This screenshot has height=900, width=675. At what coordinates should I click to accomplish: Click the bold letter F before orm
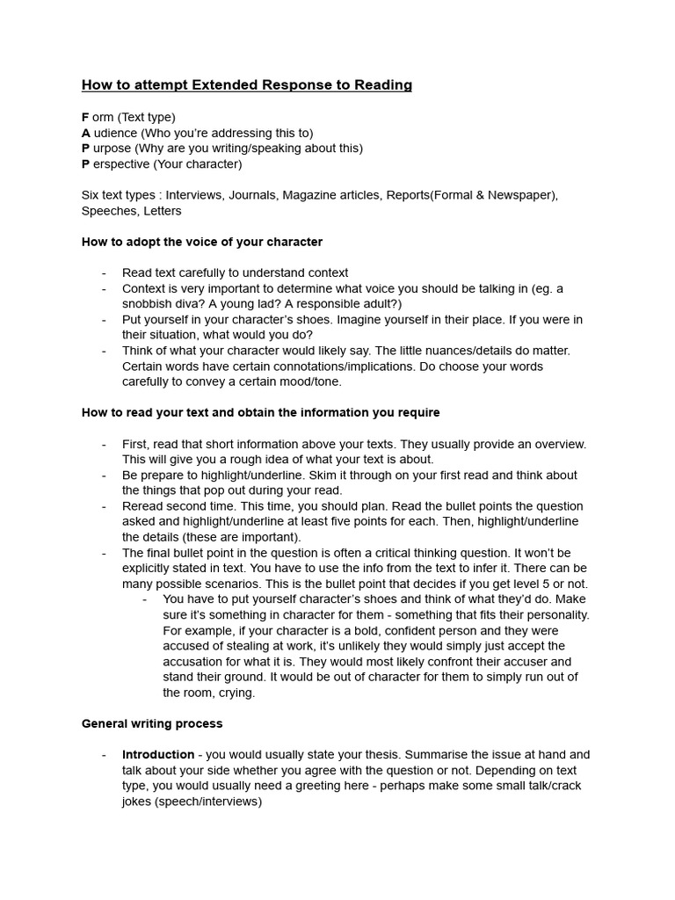pos(85,117)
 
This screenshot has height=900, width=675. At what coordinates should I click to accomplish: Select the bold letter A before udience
pos(86,133)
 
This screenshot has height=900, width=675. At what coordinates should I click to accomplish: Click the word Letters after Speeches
pos(160,211)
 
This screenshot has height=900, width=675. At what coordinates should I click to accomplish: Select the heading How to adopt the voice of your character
pos(202,242)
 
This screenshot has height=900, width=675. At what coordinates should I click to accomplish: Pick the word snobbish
pos(149,304)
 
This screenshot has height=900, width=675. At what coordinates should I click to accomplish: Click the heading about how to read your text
pos(260,412)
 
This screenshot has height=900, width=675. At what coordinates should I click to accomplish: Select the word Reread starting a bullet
pos(142,506)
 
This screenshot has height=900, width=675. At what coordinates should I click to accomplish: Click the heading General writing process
pos(152,723)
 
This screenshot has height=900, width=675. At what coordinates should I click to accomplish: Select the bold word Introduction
pos(158,755)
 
